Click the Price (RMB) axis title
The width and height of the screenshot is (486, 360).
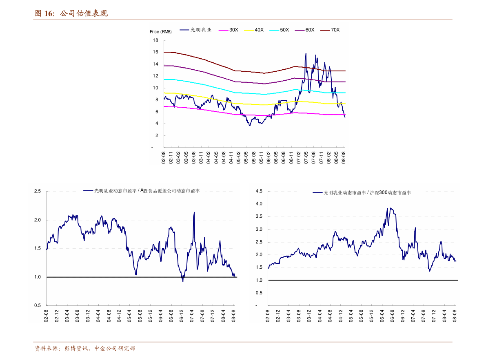pos(161,32)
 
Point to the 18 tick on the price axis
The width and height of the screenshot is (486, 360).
pos(155,40)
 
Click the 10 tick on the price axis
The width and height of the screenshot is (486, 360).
pos(155,88)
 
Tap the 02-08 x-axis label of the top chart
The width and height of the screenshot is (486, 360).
pos(164,157)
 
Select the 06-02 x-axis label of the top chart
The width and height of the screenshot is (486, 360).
pos(269,157)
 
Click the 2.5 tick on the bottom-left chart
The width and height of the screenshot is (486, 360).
pos(38,191)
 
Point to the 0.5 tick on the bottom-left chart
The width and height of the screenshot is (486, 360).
pos(38,305)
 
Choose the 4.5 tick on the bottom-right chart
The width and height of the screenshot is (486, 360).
pos(259,191)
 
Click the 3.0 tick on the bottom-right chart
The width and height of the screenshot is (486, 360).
pos(259,230)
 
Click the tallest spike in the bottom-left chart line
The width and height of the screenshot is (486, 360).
pos(194,212)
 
